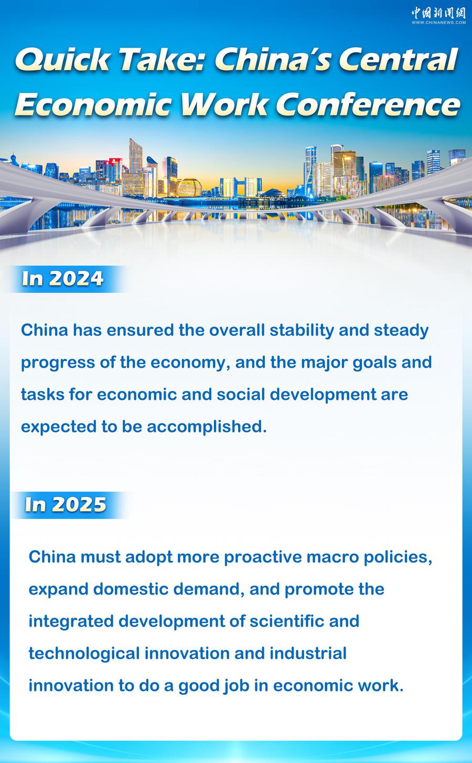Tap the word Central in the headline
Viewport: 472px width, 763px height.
tap(398, 60)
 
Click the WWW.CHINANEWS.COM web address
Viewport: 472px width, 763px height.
tap(438, 23)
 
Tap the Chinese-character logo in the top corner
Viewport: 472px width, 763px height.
tap(438, 13)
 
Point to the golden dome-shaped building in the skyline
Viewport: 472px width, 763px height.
tap(189, 187)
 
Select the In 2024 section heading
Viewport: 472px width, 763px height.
tap(62, 279)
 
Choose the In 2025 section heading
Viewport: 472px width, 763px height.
tap(66, 504)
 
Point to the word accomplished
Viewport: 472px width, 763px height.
tap(207, 427)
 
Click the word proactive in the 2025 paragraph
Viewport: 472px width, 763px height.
tap(263, 558)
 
